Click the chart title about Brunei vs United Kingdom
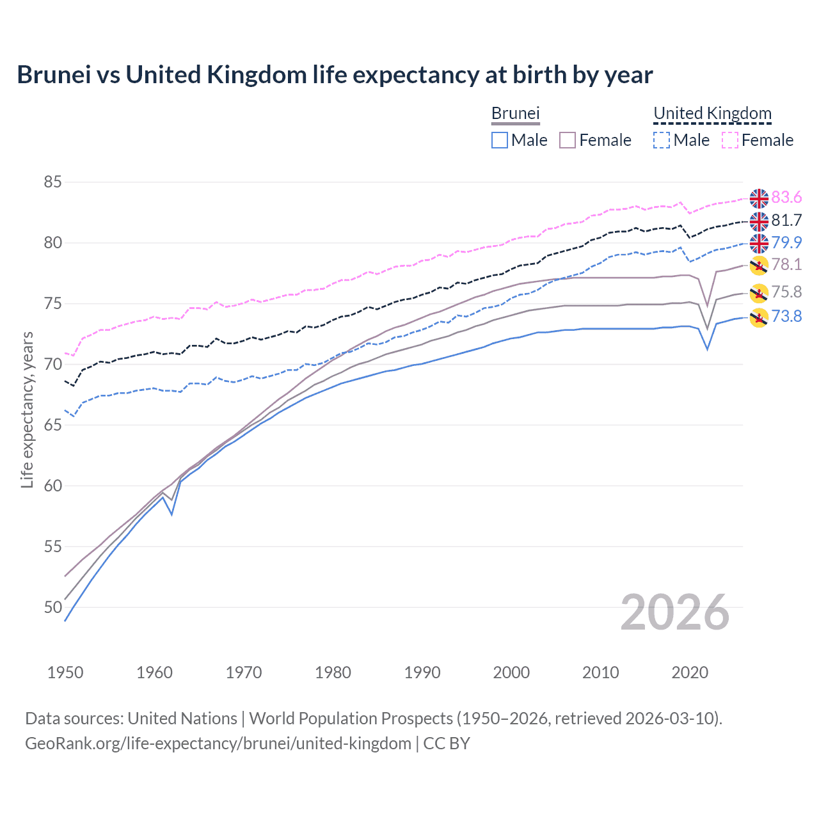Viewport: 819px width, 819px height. point(335,75)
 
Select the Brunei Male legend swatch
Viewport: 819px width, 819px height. point(500,140)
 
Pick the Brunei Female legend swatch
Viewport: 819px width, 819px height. point(568,140)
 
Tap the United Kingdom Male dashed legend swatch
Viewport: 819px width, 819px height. point(662,140)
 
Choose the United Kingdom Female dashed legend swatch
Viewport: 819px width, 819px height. point(730,140)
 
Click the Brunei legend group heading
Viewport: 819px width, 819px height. point(516,114)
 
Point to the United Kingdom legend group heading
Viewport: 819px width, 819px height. point(712,114)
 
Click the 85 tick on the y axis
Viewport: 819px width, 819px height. point(52,182)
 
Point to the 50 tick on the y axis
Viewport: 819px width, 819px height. point(52,607)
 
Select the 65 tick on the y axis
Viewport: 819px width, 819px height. point(52,425)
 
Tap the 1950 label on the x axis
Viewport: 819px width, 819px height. point(65,672)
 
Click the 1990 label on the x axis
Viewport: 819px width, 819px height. point(422,672)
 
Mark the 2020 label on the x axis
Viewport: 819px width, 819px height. point(690,672)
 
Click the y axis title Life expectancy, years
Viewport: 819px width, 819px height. point(27,409)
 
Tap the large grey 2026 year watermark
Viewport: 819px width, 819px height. point(675,613)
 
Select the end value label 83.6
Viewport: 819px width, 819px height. point(786,198)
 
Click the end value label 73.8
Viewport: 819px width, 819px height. point(786,316)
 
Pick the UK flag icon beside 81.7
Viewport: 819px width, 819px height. point(759,221)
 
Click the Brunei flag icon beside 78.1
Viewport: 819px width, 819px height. point(759,265)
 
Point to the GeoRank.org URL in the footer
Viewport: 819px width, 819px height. point(218,743)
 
